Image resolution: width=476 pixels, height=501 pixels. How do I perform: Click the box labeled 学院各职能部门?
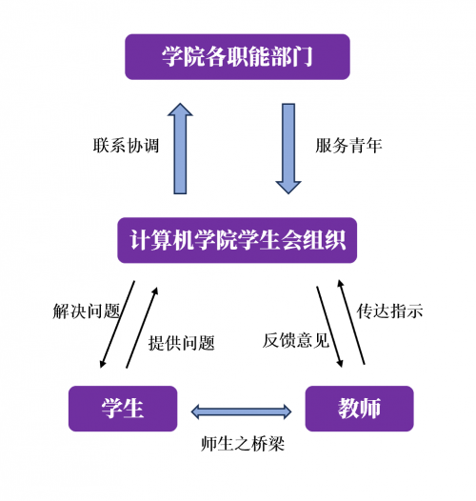pyautogui.click(x=237, y=56)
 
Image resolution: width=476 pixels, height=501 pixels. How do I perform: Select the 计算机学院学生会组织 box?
pyautogui.click(x=237, y=240)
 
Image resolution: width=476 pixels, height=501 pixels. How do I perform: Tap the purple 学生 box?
pyautogui.click(x=123, y=409)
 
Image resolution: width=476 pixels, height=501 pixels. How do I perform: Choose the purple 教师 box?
pyautogui.click(x=360, y=409)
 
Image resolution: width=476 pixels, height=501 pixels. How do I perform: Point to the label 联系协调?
pyautogui.click(x=126, y=146)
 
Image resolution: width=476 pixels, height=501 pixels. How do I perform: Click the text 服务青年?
pyautogui.click(x=348, y=146)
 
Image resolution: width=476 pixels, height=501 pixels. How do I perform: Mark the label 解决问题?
pyautogui.click(x=87, y=311)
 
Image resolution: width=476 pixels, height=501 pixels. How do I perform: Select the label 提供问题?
pyautogui.click(x=181, y=343)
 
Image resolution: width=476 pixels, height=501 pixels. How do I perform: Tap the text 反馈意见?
pyautogui.click(x=295, y=340)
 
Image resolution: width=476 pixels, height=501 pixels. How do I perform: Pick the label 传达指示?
pyautogui.click(x=389, y=311)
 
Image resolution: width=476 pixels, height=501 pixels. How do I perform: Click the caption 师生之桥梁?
pyautogui.click(x=243, y=444)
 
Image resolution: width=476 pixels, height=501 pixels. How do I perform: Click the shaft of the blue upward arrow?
pyautogui.click(x=180, y=154)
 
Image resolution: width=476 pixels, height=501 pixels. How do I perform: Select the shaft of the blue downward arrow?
pyautogui.click(x=288, y=143)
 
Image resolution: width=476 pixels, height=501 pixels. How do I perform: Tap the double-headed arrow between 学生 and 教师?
pyautogui.click(x=241, y=411)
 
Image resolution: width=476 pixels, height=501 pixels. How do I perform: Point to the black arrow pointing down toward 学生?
pyautogui.click(x=117, y=324)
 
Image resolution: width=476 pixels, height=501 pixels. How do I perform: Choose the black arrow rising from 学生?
pyautogui.click(x=142, y=328)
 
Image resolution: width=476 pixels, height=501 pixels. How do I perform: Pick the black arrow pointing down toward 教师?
pyautogui.click(x=329, y=327)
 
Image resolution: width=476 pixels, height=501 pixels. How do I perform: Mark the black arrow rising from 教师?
pyautogui.click(x=351, y=322)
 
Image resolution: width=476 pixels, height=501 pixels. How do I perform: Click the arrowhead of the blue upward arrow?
pyautogui.click(x=180, y=110)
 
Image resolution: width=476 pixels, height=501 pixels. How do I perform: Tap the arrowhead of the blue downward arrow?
pyautogui.click(x=288, y=188)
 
